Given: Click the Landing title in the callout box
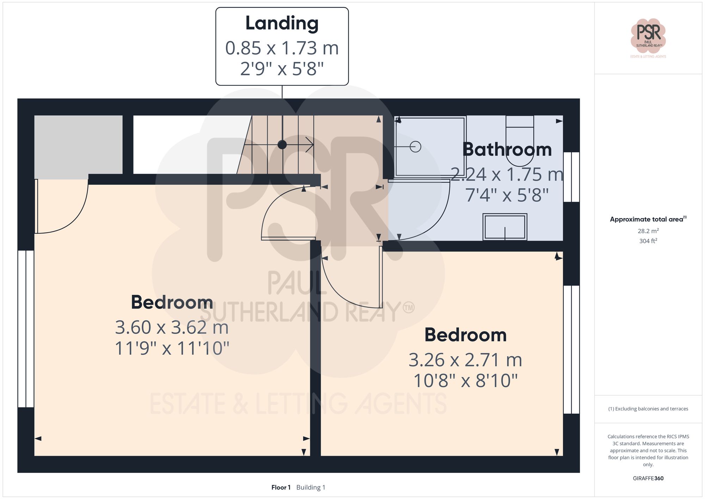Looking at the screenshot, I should point(282,24).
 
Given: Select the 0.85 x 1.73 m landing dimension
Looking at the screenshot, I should point(282,48).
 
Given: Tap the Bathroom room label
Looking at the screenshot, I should point(507,150).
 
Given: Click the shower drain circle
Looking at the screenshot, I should point(416,146).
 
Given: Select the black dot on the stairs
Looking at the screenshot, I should point(282,145).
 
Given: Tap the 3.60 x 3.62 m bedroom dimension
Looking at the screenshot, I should point(172,328).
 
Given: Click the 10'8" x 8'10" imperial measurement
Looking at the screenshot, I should point(465,381).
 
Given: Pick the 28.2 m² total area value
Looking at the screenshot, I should point(648,231).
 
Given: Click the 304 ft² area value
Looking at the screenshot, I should point(648,241).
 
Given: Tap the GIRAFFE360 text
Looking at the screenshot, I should point(648,479).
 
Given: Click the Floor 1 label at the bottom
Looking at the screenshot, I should point(281,487).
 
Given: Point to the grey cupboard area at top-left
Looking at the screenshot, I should point(78,145).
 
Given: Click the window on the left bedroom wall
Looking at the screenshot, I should point(26,329).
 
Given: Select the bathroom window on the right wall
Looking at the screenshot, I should point(571,177).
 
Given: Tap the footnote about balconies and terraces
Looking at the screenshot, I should point(648,409).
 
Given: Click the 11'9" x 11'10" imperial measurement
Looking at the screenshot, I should point(172,348).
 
